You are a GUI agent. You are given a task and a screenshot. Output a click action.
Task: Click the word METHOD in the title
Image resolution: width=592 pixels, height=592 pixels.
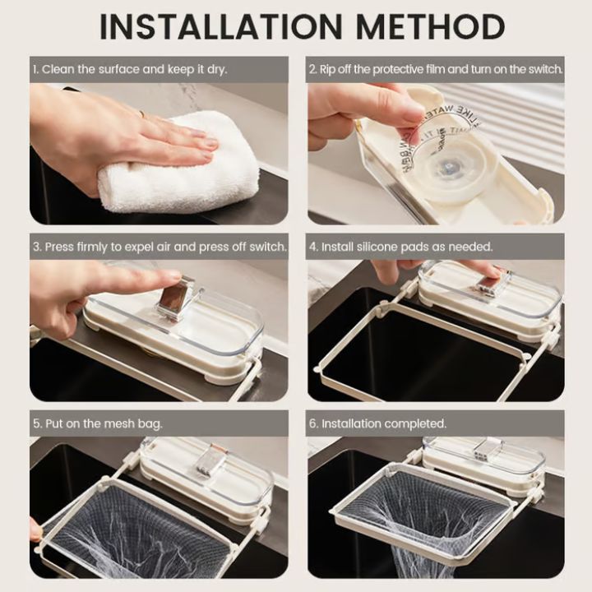[428, 27]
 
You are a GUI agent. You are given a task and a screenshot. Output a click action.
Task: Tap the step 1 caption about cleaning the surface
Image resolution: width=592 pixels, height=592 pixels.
[130, 70]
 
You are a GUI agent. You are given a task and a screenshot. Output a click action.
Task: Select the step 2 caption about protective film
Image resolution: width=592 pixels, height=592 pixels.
[436, 70]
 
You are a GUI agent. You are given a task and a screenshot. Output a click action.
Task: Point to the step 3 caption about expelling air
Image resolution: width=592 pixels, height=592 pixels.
[160, 247]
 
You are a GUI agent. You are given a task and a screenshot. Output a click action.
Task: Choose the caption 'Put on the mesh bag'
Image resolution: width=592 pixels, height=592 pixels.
[98, 423]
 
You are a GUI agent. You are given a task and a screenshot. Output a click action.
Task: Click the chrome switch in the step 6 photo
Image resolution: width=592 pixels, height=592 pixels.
[488, 448]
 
